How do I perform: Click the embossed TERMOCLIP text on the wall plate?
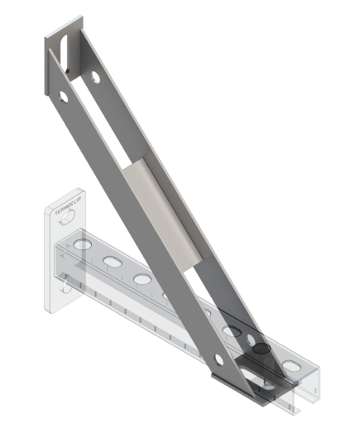[x=65, y=214]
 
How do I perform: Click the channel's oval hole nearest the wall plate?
[x=80, y=247]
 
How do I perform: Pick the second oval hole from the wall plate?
[x=111, y=262]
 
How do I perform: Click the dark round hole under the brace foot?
[x=261, y=350]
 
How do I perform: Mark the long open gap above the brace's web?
[x=108, y=124]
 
